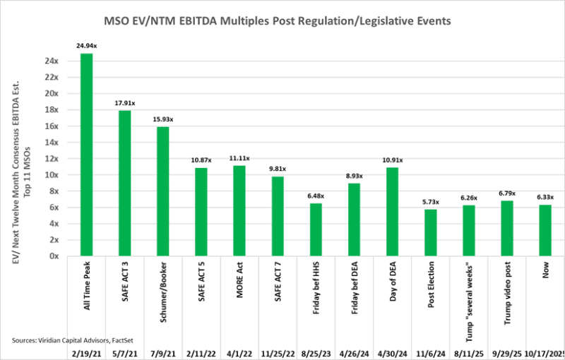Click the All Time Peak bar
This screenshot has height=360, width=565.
[x=87, y=155]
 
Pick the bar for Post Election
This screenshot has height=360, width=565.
[x=431, y=232]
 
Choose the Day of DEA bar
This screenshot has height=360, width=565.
[x=393, y=211]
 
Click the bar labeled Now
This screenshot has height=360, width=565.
[x=545, y=230]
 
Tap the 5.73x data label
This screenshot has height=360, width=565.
[x=431, y=202]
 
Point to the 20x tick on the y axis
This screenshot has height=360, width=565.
[x=52, y=93]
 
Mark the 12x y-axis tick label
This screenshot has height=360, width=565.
[x=52, y=158]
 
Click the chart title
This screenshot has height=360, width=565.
[x=282, y=22]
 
